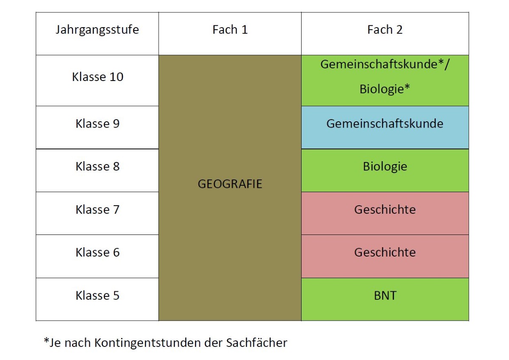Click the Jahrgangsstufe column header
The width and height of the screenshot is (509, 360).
tap(97, 30)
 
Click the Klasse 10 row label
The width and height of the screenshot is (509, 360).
tap(98, 77)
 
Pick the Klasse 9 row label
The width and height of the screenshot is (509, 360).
tap(98, 123)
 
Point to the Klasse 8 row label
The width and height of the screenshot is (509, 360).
tap(98, 166)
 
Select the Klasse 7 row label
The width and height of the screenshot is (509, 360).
tap(98, 209)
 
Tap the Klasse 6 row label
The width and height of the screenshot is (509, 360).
tap(98, 252)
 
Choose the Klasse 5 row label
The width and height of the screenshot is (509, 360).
tap(98, 296)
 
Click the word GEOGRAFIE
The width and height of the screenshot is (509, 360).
tap(230, 184)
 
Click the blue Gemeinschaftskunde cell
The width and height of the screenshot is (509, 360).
tap(385, 127)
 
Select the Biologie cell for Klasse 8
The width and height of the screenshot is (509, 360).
tap(385, 170)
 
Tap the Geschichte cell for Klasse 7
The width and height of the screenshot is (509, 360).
tap(385, 213)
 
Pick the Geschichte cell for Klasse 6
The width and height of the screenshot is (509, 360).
tap(385, 257)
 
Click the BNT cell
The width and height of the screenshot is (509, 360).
tap(385, 299)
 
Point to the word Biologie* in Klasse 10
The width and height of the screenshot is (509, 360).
tap(385, 89)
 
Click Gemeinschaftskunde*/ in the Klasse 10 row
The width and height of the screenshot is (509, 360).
tap(385, 64)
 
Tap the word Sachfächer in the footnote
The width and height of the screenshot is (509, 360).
tap(257, 342)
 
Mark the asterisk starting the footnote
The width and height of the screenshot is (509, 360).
tap(47, 340)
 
